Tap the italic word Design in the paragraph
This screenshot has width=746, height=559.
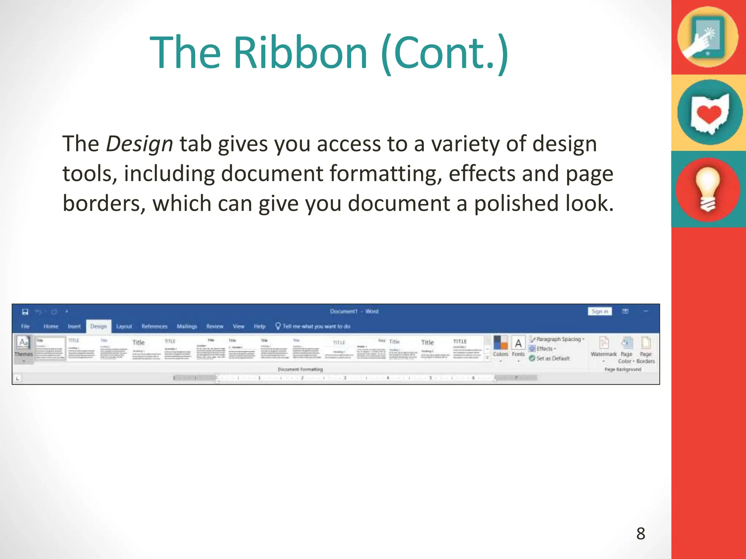[x=139, y=144]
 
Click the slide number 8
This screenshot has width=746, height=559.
[x=641, y=534]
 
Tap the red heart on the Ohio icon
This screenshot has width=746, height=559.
[x=708, y=114]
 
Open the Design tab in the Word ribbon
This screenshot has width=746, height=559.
[x=98, y=326]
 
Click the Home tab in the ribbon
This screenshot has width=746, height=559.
[x=51, y=326]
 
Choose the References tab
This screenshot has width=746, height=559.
[x=154, y=326]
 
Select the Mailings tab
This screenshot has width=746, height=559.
[x=187, y=326]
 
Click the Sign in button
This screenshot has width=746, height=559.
[x=600, y=312]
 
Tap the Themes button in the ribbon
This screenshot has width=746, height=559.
[x=24, y=348]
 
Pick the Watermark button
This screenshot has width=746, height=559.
[x=604, y=348]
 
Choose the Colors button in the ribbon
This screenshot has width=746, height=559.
[x=500, y=348]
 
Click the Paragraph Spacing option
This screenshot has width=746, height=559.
[x=558, y=339]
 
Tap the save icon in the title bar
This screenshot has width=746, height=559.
[x=25, y=312]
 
